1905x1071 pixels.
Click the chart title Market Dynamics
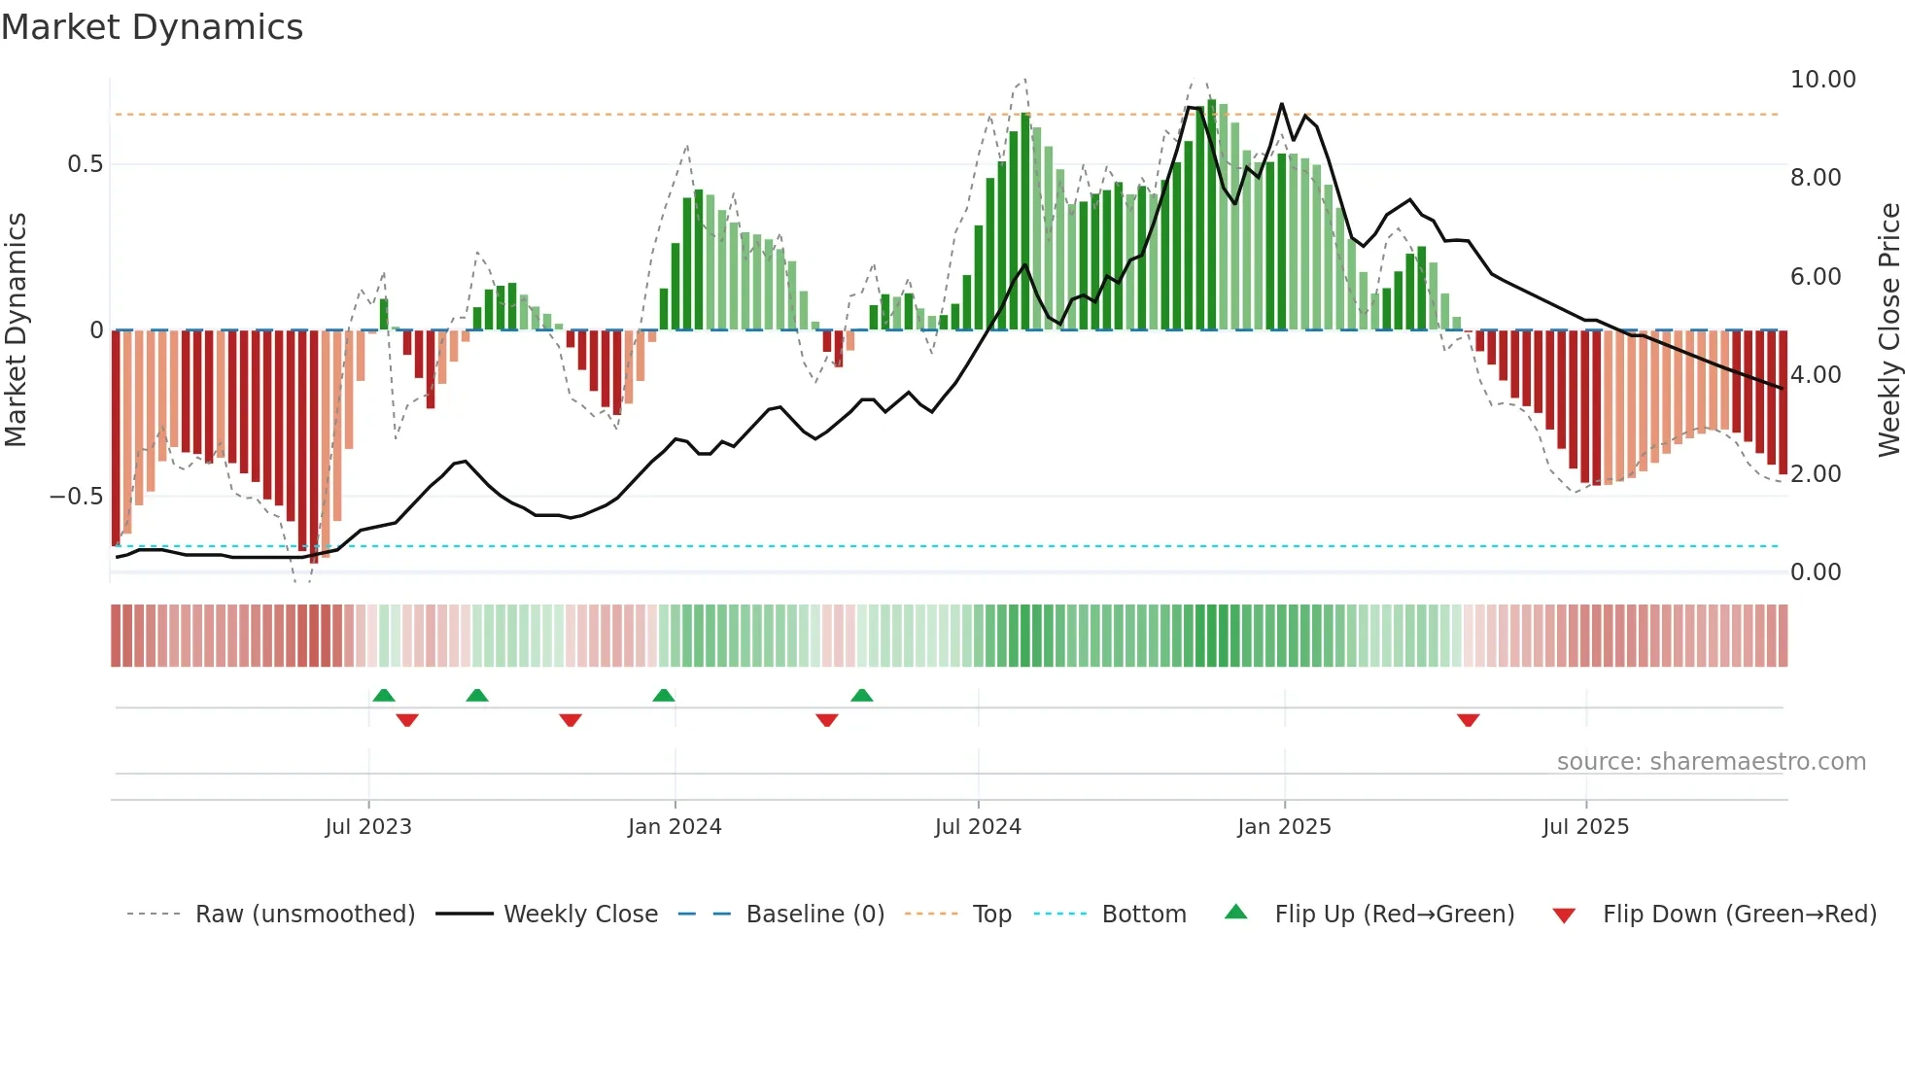coord(152,27)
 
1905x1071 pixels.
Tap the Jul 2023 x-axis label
coord(368,827)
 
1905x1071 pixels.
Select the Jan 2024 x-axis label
coord(675,827)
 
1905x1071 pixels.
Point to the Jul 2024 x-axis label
coord(978,827)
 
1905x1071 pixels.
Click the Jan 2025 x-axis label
coord(1284,827)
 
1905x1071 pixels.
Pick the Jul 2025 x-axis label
coord(1585,827)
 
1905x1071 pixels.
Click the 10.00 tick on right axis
coord(1822,80)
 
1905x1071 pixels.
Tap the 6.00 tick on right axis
coord(1816,277)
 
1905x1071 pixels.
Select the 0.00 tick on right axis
coord(1816,572)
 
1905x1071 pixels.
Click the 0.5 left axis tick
coord(85,164)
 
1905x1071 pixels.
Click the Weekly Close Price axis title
coord(1888,330)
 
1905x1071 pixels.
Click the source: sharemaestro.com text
coord(1711,762)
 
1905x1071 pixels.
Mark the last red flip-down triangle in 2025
coord(1468,720)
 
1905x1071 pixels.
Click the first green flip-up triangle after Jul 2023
coord(384,695)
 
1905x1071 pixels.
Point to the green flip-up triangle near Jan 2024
coord(664,695)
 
